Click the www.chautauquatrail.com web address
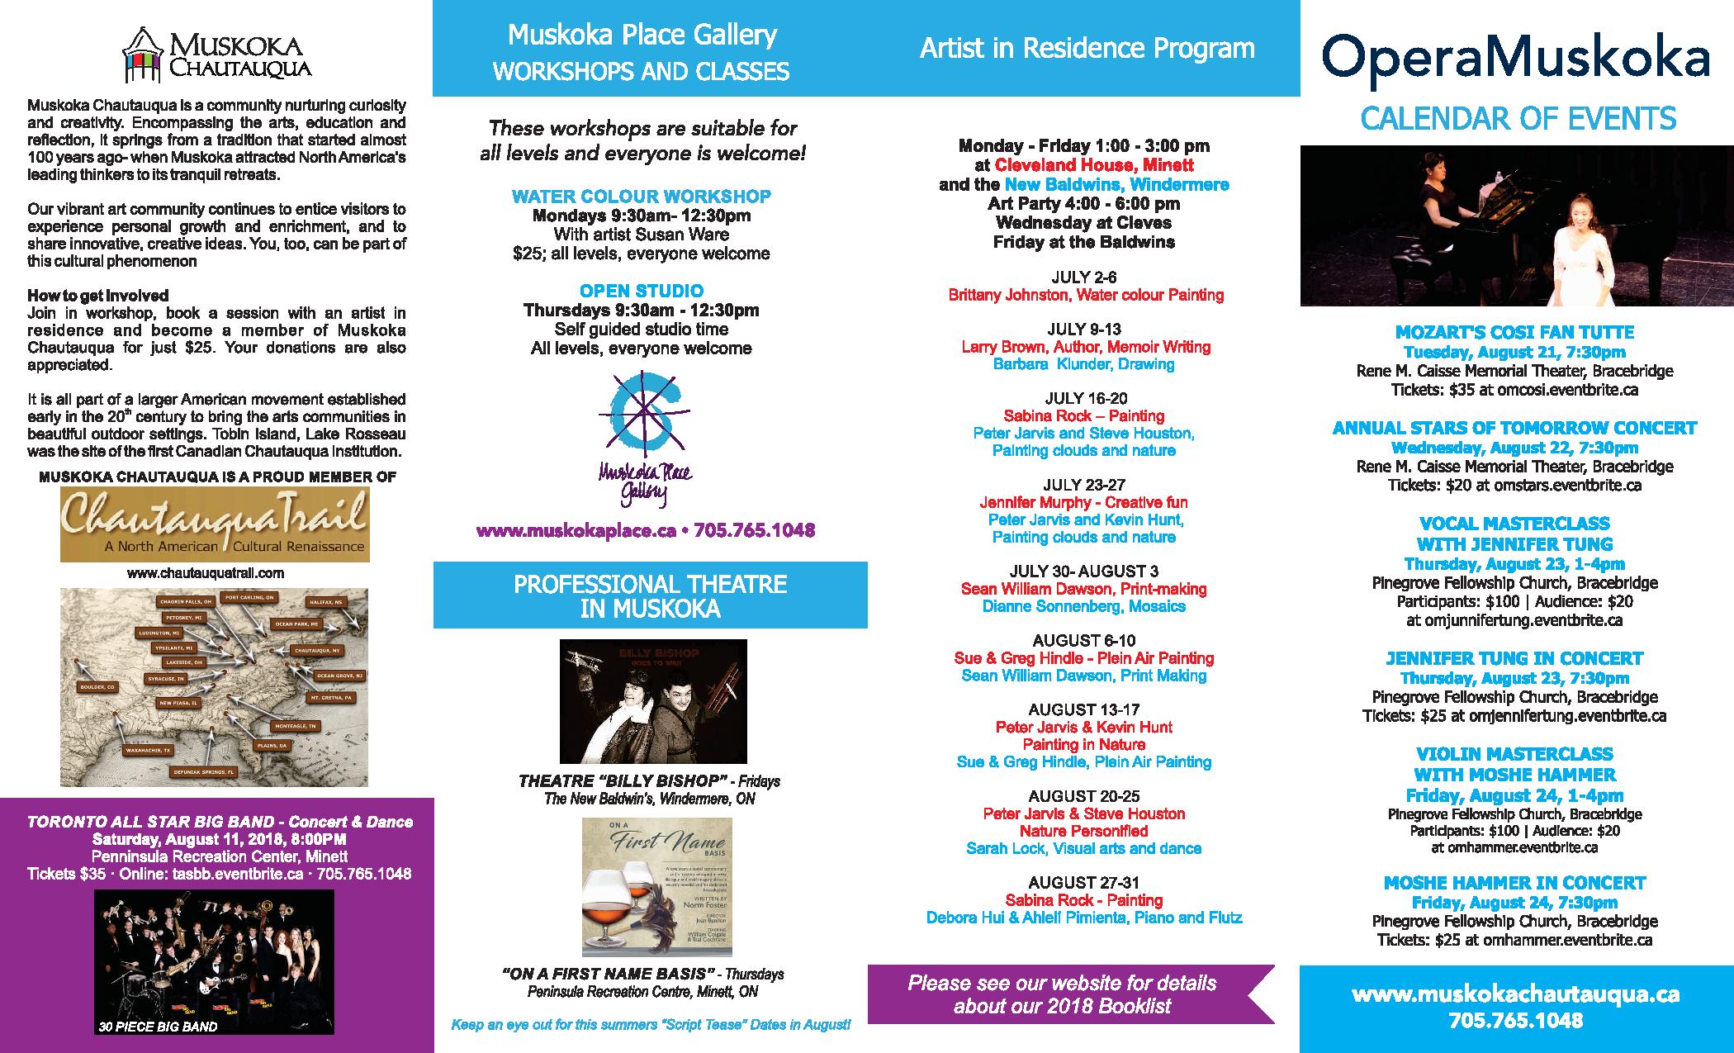206,572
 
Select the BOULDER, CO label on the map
97,686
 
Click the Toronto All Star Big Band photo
214,962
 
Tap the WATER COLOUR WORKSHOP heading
641,197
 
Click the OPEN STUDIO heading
641,291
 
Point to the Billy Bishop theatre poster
652,701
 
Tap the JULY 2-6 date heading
1083,277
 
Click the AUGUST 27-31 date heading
1083,883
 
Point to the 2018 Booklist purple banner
1065,994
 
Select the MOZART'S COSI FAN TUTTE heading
1514,332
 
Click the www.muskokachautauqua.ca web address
1515,994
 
